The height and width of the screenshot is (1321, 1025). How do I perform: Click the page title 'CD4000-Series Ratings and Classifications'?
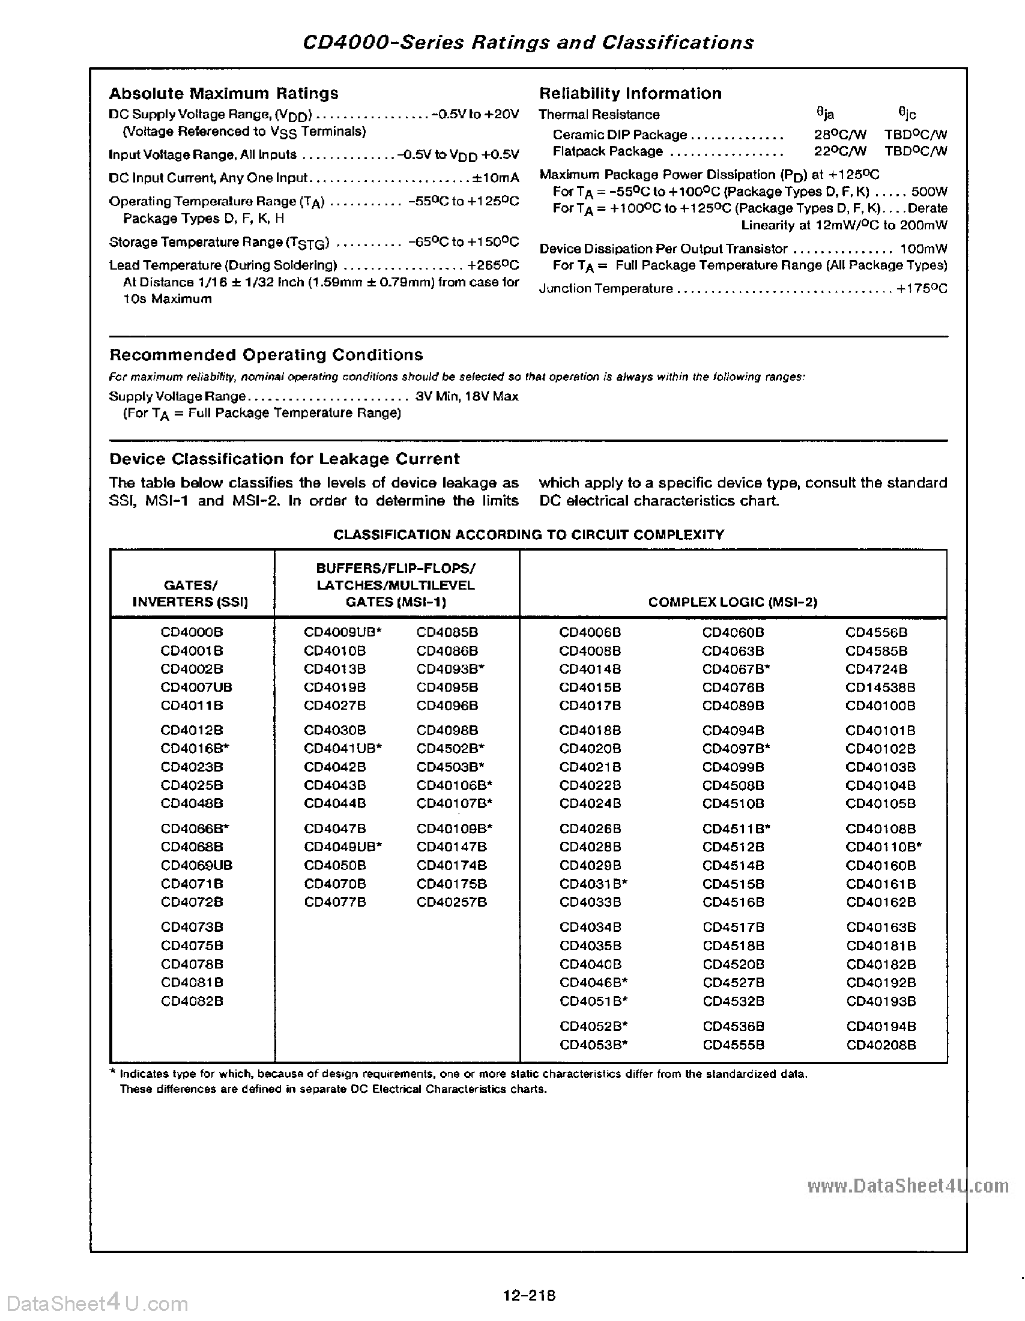click(527, 43)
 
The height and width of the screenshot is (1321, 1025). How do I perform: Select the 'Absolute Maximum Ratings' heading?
click(223, 94)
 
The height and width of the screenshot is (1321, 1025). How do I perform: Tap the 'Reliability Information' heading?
click(630, 94)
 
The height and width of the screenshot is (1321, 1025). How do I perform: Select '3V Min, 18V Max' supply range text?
click(466, 396)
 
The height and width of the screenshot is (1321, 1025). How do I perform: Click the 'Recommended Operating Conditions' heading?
click(266, 355)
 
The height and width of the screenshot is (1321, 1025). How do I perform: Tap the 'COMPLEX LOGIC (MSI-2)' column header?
click(733, 602)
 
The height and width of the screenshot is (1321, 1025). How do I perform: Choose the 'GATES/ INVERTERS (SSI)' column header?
click(190, 593)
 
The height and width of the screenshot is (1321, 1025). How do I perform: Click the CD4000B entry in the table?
click(192, 632)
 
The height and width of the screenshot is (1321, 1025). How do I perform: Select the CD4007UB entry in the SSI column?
click(196, 687)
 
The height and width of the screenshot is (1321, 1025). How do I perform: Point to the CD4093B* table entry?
click(450, 669)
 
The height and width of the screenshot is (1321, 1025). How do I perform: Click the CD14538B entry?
click(880, 687)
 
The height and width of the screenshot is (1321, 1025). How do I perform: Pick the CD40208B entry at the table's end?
click(880, 1045)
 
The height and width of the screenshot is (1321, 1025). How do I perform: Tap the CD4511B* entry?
click(736, 829)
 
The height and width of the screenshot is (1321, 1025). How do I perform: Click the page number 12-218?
click(528, 1296)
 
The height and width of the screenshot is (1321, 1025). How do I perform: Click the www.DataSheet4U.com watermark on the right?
click(907, 1186)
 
